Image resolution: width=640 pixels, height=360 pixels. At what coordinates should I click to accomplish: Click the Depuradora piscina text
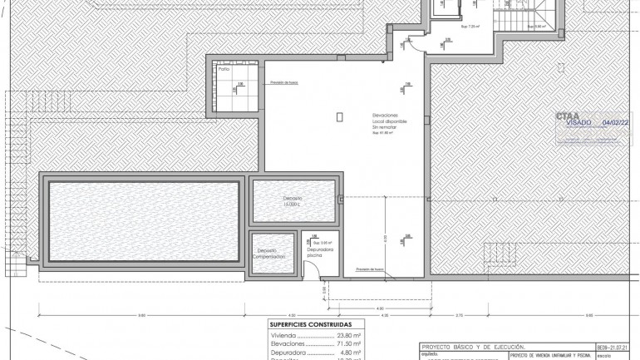coord(319,251)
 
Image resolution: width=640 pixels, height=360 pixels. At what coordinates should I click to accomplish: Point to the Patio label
coord(224,70)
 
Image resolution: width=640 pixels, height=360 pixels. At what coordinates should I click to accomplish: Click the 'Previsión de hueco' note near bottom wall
coord(369,269)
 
